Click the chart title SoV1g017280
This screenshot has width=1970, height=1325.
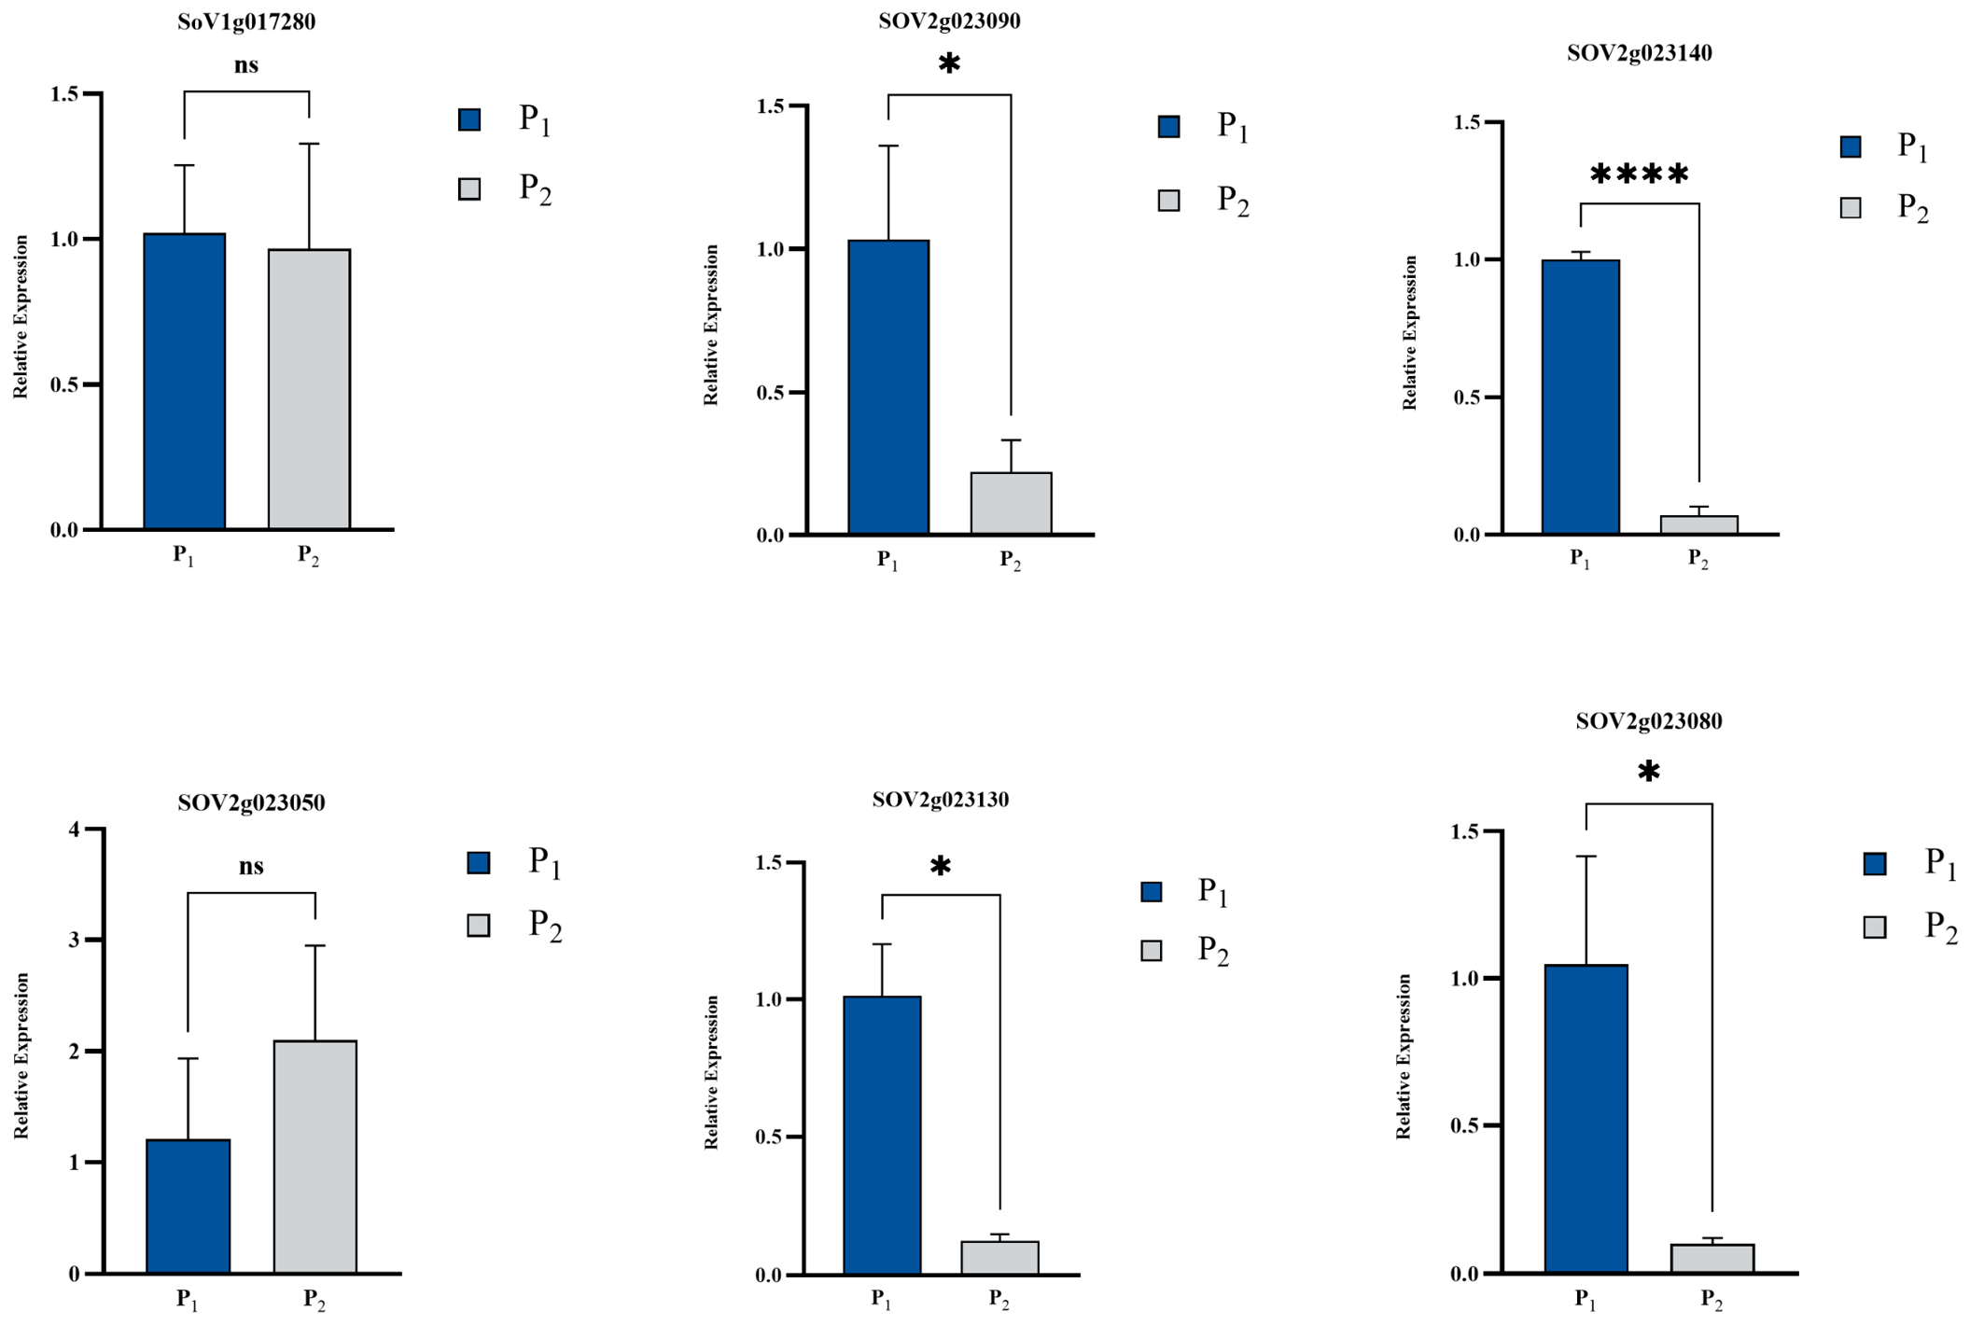click(246, 21)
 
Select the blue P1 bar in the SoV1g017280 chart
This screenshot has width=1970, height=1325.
click(185, 382)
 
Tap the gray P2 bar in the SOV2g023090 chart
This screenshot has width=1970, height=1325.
click(1011, 504)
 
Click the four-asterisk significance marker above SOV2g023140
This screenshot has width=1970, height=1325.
click(1639, 174)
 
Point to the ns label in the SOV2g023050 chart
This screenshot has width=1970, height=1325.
click(251, 866)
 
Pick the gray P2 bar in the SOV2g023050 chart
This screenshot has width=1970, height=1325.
click(315, 1157)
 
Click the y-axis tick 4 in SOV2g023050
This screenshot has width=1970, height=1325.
click(75, 829)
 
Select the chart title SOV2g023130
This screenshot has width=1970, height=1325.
click(941, 800)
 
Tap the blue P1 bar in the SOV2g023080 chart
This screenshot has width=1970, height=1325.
click(1586, 1119)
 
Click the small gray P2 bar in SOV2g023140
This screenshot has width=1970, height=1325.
click(1698, 525)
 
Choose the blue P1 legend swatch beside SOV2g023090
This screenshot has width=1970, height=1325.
click(1168, 127)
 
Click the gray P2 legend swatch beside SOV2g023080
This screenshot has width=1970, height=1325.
click(1874, 927)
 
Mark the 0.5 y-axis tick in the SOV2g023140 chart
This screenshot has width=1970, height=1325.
click(1467, 397)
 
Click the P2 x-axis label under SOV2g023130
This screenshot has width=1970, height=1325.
click(999, 1300)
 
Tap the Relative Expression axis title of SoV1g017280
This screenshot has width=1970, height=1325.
click(21, 317)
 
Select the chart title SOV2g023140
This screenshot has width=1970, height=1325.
click(1639, 53)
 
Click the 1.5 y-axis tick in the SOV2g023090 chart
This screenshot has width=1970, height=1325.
click(771, 106)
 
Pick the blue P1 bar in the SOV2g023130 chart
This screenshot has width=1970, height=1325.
click(882, 1136)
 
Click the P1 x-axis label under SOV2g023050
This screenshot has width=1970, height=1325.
click(188, 1300)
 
